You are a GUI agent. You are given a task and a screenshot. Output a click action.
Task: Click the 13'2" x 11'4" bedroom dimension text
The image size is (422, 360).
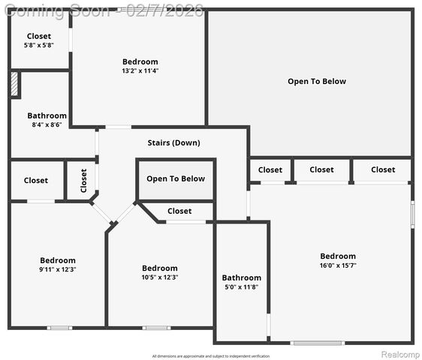(140, 71)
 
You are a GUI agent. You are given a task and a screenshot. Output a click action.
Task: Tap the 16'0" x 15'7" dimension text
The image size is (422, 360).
(338, 265)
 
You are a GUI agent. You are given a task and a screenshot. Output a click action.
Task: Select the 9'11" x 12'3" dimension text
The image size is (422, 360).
(58, 270)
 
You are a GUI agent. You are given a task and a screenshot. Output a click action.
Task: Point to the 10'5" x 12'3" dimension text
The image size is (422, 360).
(160, 277)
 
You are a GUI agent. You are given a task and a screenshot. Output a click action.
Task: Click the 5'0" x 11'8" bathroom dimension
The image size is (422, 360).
(241, 287)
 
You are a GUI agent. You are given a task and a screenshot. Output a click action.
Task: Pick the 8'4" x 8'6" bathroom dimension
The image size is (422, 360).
(47, 125)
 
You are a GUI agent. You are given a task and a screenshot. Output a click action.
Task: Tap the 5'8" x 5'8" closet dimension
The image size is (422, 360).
(39, 45)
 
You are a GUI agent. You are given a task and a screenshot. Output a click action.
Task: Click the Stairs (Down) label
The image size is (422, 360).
(173, 142)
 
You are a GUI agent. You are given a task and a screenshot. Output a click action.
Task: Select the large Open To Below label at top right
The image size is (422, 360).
(317, 81)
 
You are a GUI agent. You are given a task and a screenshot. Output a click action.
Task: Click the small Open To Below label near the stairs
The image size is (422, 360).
(176, 178)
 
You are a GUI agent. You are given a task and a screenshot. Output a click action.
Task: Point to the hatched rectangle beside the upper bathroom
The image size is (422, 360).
(14, 84)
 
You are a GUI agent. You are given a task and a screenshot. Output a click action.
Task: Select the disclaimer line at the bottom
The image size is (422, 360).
(211, 356)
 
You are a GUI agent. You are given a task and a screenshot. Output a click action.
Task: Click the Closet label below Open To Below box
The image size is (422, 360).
(179, 211)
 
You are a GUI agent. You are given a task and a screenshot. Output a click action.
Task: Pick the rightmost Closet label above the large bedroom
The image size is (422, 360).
(383, 170)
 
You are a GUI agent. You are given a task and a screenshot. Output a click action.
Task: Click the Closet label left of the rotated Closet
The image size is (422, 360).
(35, 181)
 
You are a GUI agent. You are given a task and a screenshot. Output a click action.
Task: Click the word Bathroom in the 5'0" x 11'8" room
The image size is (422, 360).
(241, 278)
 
